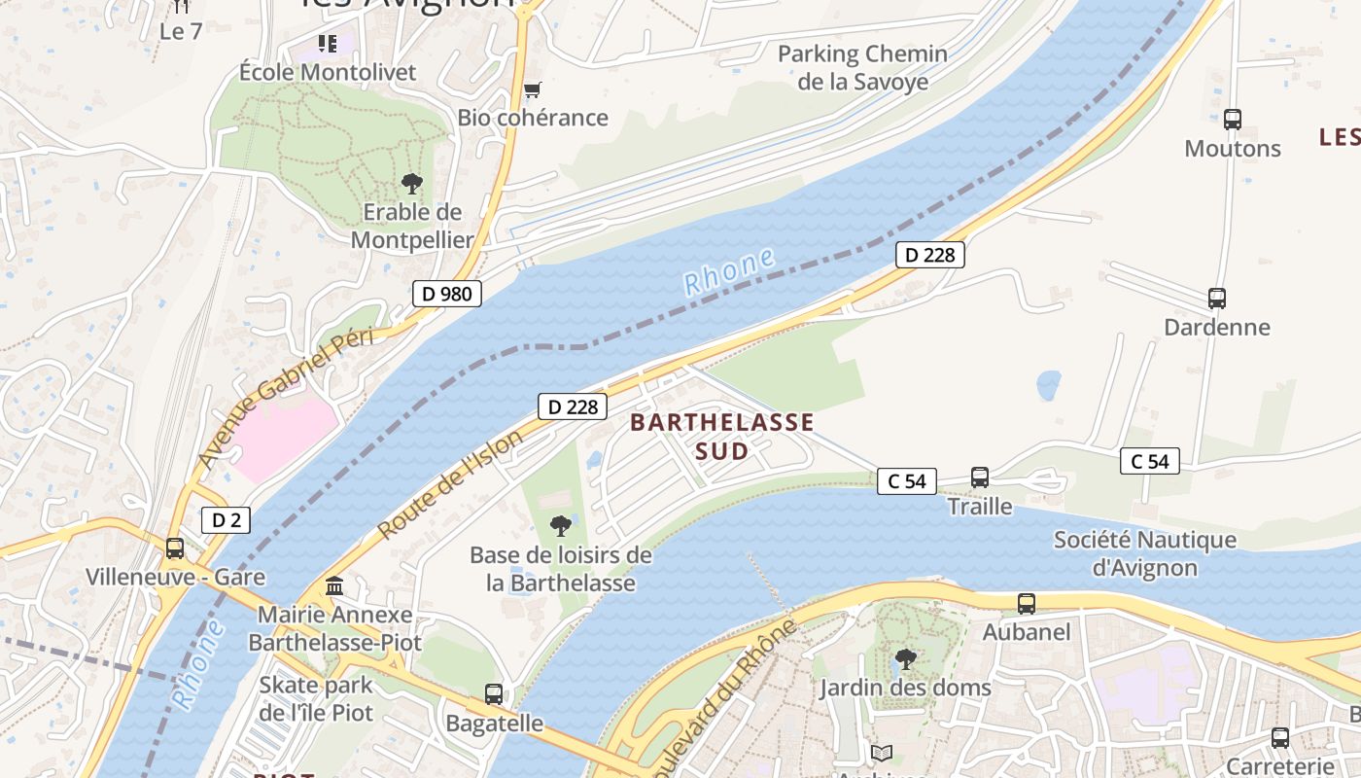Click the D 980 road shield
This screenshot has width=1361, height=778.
tap(447, 293)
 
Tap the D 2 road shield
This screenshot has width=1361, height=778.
tap(226, 520)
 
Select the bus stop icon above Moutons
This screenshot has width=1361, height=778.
tap(1233, 120)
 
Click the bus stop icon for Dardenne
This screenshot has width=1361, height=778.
tap(1216, 299)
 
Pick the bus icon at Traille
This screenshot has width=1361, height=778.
tap(980, 477)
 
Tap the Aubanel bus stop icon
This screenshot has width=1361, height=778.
tap(1027, 604)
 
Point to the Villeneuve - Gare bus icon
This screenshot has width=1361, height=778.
tap(175, 548)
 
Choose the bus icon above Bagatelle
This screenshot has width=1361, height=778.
tap(494, 694)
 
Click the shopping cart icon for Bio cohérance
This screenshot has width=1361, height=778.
tap(532, 90)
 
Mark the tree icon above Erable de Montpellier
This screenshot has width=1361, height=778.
tap(412, 183)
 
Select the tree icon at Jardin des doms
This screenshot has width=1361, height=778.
tap(905, 659)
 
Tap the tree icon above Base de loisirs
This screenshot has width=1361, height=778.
tap(560, 526)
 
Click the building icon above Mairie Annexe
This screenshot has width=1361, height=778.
tap(334, 586)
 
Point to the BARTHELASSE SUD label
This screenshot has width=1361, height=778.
tap(721, 437)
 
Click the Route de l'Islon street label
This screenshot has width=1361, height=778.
tap(449, 484)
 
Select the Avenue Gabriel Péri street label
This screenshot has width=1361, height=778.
tap(286, 397)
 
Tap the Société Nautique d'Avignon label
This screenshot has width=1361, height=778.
tap(1144, 553)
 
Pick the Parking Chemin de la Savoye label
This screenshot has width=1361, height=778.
tap(862, 67)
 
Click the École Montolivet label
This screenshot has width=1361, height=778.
tap(328, 72)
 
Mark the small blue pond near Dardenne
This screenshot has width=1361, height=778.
tap(1049, 385)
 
